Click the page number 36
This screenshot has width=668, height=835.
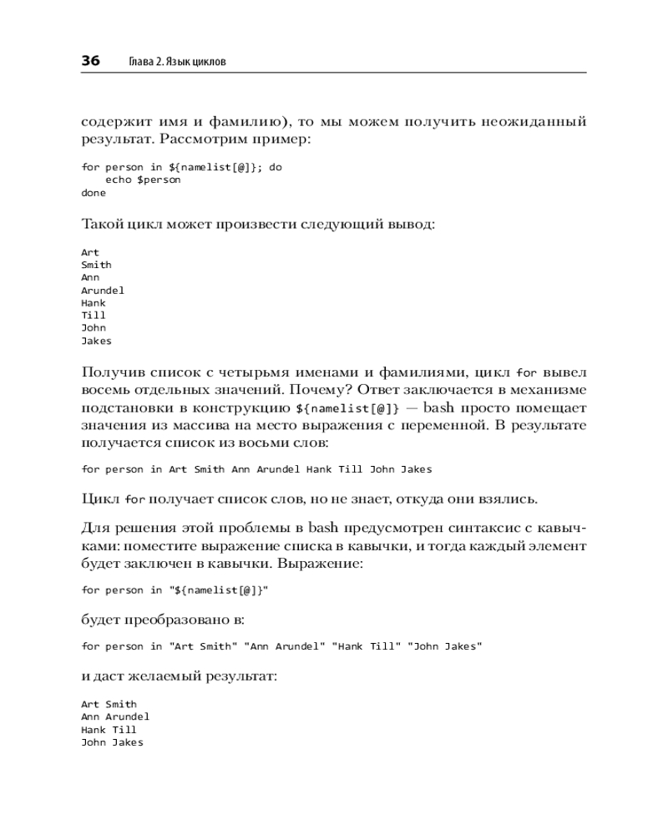click(x=90, y=61)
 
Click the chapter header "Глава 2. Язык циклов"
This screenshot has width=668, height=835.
click(x=178, y=62)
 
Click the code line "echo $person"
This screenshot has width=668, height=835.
click(x=143, y=180)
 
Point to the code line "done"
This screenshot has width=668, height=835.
click(x=94, y=193)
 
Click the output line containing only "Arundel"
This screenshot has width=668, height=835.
click(x=103, y=290)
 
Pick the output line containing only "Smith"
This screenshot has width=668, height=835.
click(x=96, y=265)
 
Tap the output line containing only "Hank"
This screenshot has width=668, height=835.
click(x=94, y=303)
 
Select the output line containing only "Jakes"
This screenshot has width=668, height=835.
click(x=96, y=341)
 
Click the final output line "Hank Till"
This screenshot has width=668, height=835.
click(x=109, y=729)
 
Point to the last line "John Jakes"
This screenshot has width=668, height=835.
click(x=112, y=742)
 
